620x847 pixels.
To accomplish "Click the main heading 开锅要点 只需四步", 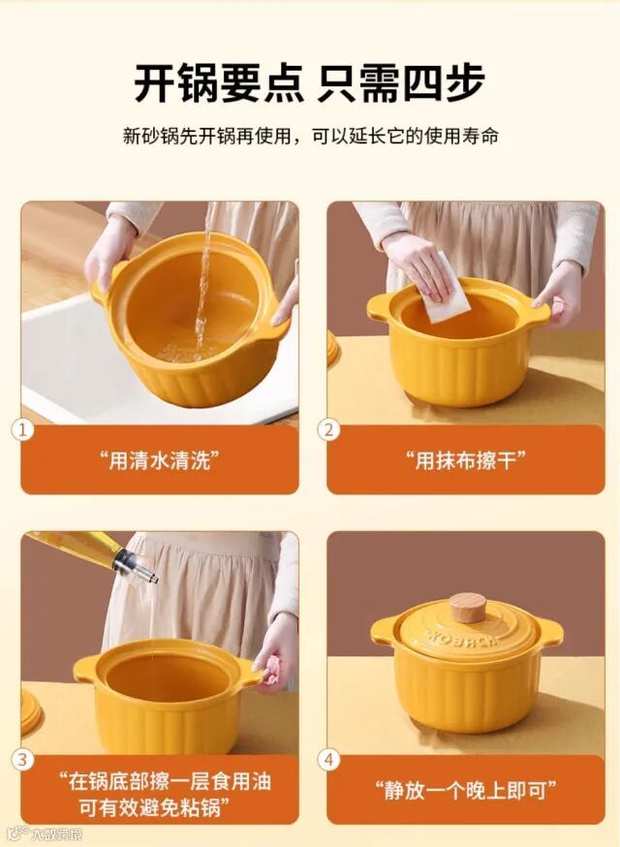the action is [309, 82].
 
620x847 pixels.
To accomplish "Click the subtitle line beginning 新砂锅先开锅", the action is [310, 136].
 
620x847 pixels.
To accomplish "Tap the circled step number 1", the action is [22, 430].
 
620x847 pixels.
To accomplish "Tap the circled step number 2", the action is [329, 430].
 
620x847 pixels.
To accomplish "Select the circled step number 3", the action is [22, 760].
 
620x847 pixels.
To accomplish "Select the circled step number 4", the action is [329, 760].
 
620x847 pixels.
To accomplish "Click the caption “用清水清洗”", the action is [160, 460].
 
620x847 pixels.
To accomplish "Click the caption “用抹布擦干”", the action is [466, 460].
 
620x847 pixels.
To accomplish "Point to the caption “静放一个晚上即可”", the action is [466, 790].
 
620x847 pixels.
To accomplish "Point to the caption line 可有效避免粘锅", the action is [154, 807].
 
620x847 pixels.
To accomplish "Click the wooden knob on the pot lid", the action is [468, 608].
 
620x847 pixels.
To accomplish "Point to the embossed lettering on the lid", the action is [463, 638].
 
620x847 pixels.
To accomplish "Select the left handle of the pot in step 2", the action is [380, 307].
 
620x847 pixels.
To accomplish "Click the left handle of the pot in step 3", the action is [86, 668].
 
